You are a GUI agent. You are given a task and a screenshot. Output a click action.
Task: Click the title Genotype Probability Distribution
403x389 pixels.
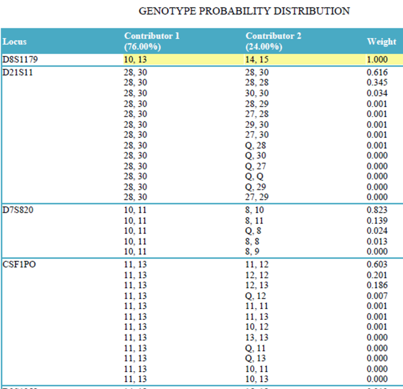coord(244,11)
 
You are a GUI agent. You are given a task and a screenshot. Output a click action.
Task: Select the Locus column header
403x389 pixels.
coord(15,41)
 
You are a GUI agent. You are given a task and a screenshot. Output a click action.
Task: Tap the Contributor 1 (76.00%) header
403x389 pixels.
coord(152,41)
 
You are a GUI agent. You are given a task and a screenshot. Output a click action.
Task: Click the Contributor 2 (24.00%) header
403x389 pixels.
coord(273,41)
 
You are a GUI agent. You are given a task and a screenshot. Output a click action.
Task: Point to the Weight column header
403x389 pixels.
coord(381,41)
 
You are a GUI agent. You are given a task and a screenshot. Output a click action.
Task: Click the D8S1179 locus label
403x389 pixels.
coord(20,60)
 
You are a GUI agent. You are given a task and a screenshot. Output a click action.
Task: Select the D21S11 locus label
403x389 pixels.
coord(18,72)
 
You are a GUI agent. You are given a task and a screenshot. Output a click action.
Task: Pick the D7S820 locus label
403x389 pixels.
coord(18,210)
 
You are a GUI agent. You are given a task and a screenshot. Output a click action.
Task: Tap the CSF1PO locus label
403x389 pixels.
coord(19,264)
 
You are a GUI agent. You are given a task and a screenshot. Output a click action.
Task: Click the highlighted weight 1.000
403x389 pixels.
coord(377,60)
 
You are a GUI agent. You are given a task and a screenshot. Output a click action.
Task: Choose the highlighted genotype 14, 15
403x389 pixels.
coord(256,60)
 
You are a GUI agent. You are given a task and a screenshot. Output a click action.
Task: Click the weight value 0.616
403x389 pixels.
coord(377,72)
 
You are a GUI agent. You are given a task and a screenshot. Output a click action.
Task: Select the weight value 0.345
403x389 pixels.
coord(377,83)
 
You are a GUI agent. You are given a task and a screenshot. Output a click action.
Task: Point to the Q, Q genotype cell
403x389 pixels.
coord(254,176)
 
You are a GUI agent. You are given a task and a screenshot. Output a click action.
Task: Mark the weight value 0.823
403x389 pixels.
coord(377,210)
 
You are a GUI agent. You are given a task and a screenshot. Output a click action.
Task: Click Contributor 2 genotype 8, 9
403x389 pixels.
coord(252,251)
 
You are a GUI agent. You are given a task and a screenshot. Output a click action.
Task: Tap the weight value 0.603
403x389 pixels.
coord(377,264)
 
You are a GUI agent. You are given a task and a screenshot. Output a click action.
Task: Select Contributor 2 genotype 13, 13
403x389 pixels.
coord(256,337)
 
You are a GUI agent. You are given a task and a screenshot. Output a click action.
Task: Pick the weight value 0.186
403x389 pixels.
coord(377,285)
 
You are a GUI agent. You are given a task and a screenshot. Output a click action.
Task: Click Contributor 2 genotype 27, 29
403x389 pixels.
coord(256,197)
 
